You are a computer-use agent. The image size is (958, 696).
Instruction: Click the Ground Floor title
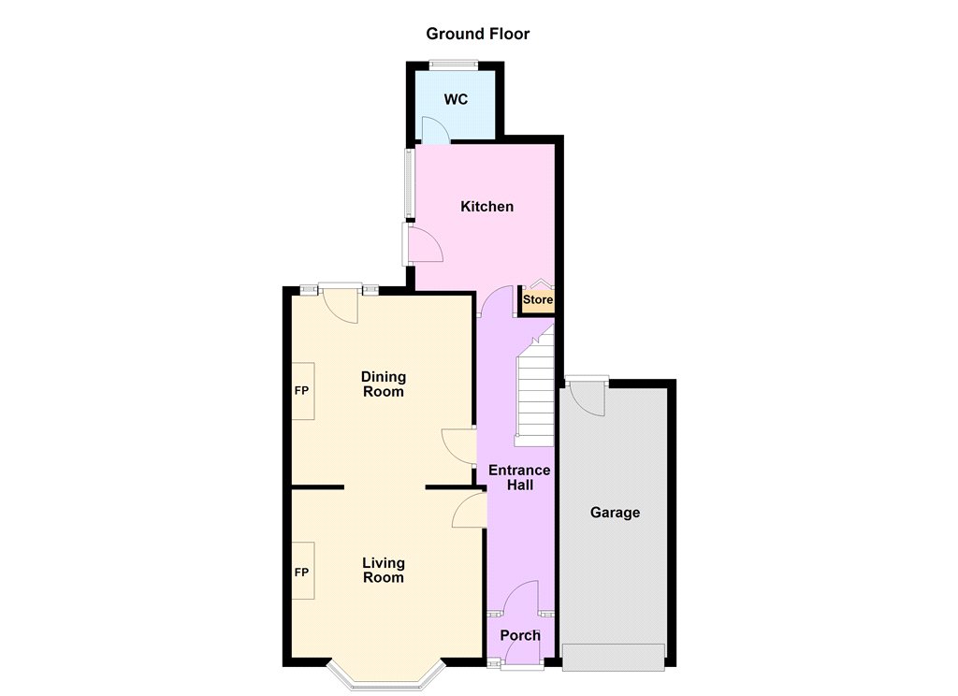click(478, 34)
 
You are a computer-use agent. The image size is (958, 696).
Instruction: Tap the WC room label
click(457, 99)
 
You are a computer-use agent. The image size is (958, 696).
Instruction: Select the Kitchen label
click(486, 207)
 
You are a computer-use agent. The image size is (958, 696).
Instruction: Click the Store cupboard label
click(538, 300)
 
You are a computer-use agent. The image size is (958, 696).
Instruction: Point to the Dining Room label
click(384, 384)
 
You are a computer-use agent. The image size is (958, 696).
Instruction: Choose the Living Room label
click(384, 570)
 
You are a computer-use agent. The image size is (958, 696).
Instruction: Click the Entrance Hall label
click(519, 477)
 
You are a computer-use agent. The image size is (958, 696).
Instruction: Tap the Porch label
click(520, 635)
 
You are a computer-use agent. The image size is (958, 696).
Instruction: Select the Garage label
click(615, 513)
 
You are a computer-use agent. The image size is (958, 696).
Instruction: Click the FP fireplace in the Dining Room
click(302, 391)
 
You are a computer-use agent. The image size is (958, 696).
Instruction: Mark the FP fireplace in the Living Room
click(302, 571)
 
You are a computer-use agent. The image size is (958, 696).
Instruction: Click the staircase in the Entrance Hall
click(535, 386)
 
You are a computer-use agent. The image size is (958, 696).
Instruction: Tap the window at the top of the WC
click(453, 63)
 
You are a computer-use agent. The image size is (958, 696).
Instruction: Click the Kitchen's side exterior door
click(423, 244)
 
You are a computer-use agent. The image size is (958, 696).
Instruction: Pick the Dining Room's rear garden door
click(341, 303)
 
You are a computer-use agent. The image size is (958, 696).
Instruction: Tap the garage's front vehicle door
click(614, 658)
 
